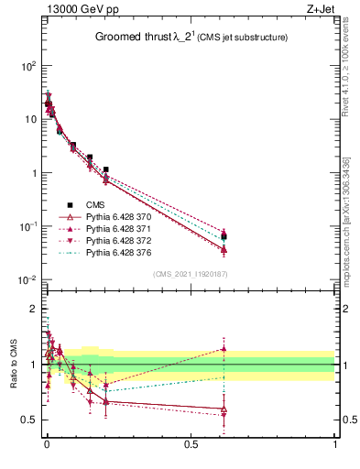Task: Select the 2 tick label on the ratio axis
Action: tap(33, 309)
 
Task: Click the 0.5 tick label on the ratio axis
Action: tap(29, 420)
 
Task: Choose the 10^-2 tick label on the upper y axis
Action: tap(27, 279)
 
